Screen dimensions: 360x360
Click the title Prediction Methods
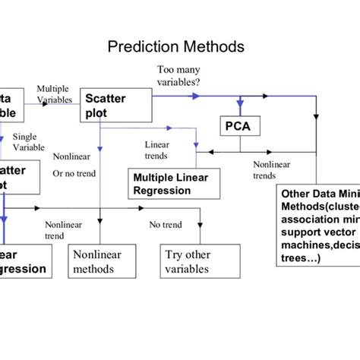pyautogui.click(x=176, y=47)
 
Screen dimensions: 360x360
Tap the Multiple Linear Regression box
pyautogui.click(x=173, y=184)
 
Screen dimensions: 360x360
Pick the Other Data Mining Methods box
pyautogui.click(x=317, y=225)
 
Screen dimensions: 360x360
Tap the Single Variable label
pyautogui.click(x=28, y=142)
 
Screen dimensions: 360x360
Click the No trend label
pyautogui.click(x=165, y=225)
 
